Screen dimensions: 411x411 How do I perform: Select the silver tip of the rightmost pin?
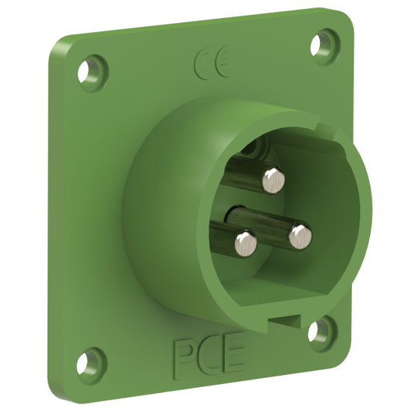pos(300,236)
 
